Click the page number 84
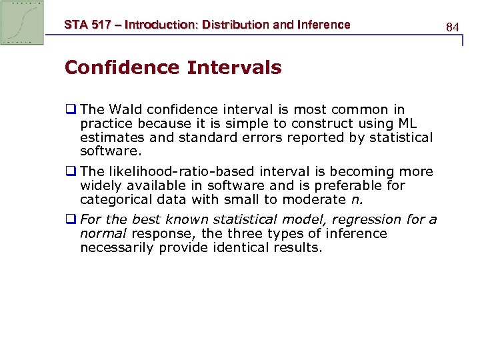(x=453, y=27)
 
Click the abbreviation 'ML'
(x=411, y=123)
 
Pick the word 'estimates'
(x=110, y=137)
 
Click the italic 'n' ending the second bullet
(x=353, y=199)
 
